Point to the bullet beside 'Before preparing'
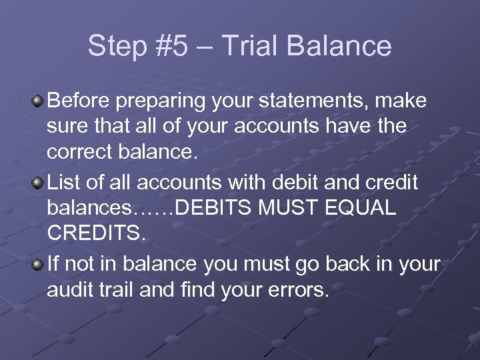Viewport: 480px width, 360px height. click(38, 102)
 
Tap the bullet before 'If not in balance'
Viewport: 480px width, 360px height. click(38, 265)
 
